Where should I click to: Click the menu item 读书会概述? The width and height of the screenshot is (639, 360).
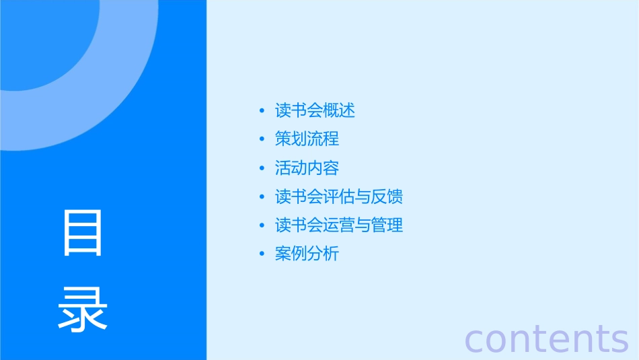(315, 110)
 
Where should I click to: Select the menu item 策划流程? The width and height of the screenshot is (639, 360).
(307, 139)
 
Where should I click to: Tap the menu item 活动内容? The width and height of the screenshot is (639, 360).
(307, 168)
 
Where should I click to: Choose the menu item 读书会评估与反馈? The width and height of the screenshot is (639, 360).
(339, 197)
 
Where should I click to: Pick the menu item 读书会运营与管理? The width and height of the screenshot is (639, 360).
(339, 225)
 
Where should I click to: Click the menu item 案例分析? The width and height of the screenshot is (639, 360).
(307, 254)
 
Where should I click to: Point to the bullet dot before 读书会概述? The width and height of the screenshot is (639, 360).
(262, 111)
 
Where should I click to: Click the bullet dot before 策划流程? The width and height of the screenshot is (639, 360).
(262, 140)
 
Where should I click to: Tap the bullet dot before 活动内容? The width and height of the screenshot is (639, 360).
(262, 169)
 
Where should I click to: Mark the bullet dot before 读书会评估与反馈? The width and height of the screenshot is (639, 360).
(262, 198)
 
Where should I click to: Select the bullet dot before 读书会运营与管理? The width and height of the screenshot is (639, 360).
(262, 226)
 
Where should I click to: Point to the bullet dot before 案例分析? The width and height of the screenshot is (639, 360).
(262, 255)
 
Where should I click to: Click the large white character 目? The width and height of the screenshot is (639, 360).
(83, 233)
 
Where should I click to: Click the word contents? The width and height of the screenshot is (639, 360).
(547, 338)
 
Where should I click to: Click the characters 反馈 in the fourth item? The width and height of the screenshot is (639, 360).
(387, 197)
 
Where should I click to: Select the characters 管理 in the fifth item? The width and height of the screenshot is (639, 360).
(387, 225)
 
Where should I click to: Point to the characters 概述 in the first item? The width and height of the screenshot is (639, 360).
(339, 110)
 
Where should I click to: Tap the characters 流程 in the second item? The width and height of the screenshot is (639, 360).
(323, 139)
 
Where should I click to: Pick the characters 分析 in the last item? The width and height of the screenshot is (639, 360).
(323, 254)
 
